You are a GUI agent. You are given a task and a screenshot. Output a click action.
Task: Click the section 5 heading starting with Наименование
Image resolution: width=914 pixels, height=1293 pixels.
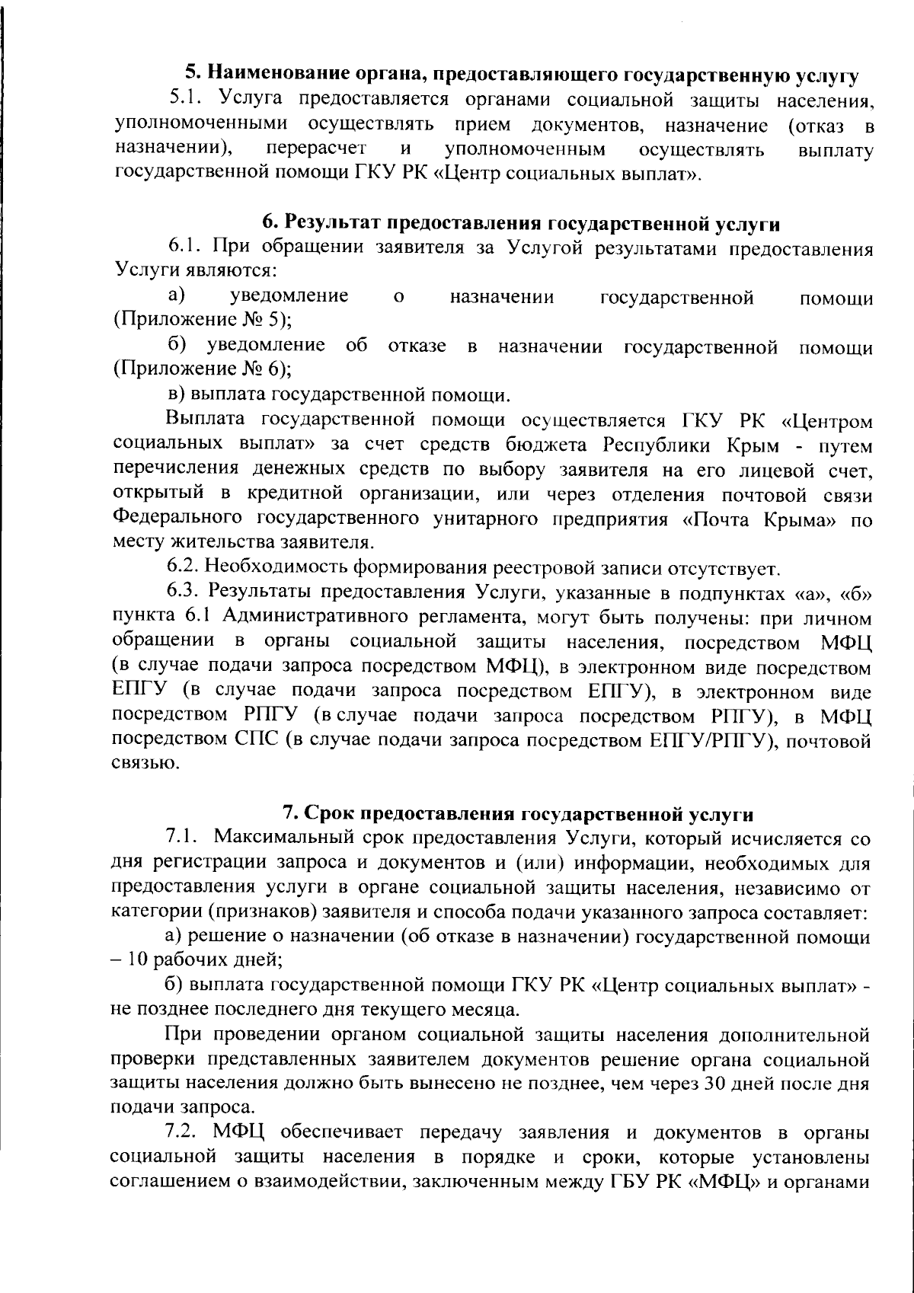[523, 75]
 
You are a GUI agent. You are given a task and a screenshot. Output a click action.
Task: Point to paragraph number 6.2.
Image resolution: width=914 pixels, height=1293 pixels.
[183, 567]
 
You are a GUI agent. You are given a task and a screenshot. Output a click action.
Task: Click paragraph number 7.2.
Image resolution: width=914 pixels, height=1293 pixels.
[183, 1133]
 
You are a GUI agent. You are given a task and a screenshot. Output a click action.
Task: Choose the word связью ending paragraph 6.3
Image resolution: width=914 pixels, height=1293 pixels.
[136, 764]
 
